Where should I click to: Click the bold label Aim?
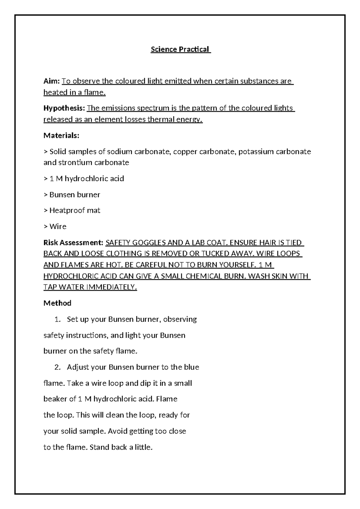52,81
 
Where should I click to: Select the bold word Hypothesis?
64,108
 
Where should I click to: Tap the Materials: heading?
61,135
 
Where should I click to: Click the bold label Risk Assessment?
73,242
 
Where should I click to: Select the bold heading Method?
57,303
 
